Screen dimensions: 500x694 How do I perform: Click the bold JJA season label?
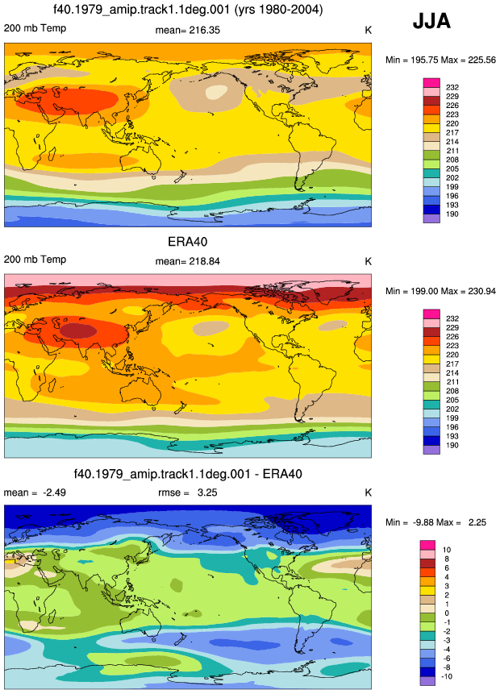tap(431, 21)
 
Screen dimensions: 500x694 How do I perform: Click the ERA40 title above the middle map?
tap(188, 242)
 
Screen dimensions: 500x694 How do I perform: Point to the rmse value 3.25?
tap(207, 492)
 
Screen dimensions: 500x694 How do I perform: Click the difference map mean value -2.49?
tap(54, 492)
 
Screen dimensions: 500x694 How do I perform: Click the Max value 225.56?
tap(481, 60)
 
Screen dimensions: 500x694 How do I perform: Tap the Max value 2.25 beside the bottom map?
tap(477, 522)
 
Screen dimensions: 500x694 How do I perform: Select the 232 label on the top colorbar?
tap(452, 87)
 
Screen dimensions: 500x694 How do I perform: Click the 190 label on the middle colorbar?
tap(452, 445)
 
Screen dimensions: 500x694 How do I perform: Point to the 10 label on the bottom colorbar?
tap(447, 550)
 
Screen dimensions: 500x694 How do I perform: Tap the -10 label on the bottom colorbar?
tap(448, 677)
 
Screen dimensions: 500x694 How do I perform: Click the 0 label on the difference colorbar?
tap(447, 613)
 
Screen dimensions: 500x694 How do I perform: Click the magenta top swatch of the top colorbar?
tap(431, 83)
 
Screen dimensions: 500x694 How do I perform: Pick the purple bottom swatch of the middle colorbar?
tap(431, 450)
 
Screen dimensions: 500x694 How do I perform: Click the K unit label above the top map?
tap(368, 30)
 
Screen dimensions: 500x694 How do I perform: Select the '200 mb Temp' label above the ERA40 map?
tap(35, 260)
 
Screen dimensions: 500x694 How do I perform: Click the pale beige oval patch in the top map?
tap(217, 92)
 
